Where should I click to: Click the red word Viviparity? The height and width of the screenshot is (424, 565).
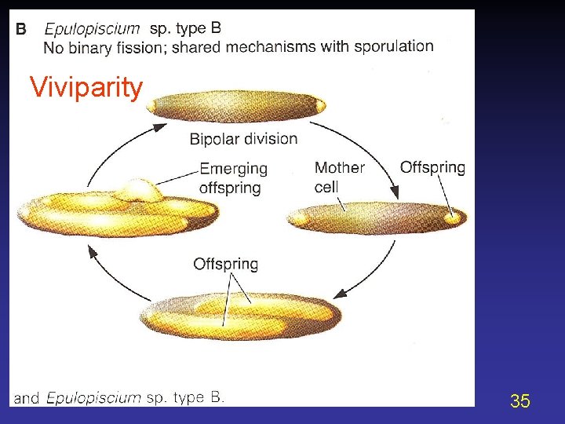tap(86, 87)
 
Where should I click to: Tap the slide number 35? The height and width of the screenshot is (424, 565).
tap(519, 401)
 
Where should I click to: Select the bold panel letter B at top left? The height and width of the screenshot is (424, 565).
tap(21, 29)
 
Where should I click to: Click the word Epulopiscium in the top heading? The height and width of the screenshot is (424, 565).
tap(92, 29)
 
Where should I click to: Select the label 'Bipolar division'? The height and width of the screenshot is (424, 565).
tap(243, 139)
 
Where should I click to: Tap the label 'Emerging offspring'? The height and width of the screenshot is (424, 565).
tap(233, 178)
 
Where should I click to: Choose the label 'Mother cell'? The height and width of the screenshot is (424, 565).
tap(339, 177)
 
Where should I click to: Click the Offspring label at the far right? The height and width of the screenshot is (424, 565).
tap(432, 167)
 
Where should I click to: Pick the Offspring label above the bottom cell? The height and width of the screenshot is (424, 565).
tap(225, 264)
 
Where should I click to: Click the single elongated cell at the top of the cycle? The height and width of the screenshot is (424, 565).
tap(236, 107)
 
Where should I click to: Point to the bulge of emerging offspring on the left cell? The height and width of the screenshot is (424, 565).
tap(140, 189)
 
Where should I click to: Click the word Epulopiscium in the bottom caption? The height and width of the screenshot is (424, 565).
tap(94, 397)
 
